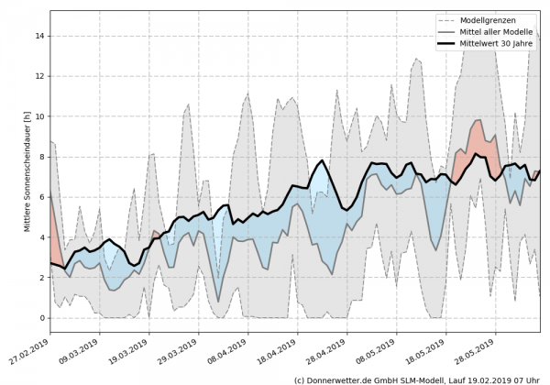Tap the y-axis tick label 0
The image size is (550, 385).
point(40,318)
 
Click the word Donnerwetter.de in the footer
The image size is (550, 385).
point(340,379)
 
